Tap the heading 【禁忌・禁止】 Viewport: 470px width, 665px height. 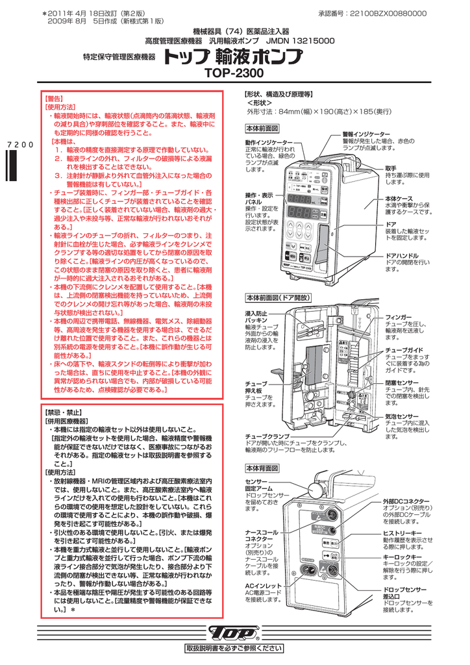[x=62, y=412]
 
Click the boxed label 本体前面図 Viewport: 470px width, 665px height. [x=262, y=128]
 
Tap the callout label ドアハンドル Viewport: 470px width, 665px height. [x=402, y=256]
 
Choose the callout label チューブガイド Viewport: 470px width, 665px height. [x=404, y=350]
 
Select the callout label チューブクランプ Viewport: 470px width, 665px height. [x=267, y=436]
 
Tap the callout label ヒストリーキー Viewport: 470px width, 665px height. [x=402, y=533]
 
